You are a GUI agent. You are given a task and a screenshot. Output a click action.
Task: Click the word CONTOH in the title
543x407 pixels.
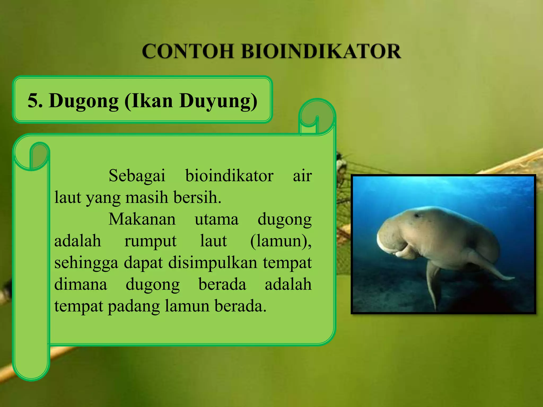188,51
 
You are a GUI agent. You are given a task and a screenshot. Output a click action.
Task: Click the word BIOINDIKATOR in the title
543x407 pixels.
321,51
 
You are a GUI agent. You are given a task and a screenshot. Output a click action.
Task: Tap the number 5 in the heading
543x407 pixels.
35,101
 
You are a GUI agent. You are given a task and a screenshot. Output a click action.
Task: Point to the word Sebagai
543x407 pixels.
137,176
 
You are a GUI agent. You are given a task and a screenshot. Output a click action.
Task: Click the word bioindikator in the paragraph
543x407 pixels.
229,176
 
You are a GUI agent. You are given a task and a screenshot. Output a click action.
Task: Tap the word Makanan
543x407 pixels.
142,219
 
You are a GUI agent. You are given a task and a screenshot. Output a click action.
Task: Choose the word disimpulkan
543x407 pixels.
213,263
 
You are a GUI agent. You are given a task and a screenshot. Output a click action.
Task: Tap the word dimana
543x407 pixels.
81,285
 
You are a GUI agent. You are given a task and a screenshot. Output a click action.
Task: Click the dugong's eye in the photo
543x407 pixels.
417,215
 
